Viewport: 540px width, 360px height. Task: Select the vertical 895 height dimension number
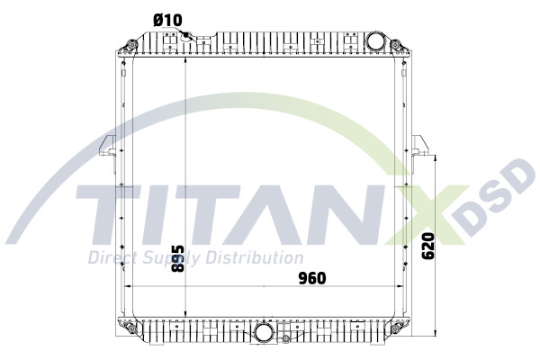178,259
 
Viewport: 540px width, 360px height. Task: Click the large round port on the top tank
376,42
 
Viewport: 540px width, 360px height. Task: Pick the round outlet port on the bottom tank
265,331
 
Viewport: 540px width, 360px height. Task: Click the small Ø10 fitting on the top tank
189,36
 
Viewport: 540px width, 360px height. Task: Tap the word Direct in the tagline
109,258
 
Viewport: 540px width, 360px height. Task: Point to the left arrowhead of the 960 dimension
126,286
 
